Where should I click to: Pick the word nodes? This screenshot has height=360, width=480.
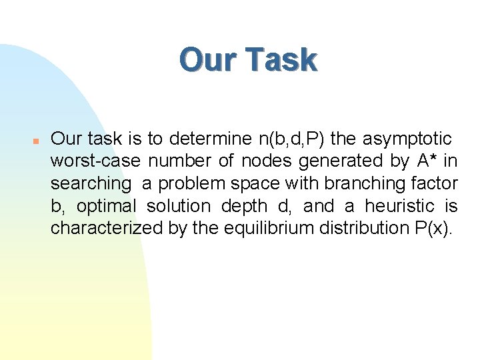[267, 161]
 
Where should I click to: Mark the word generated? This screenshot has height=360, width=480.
[335, 161]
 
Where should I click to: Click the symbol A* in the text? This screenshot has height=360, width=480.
[422, 161]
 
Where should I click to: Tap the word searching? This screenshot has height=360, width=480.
[91, 183]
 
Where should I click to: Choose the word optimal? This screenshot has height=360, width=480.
[103, 206]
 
